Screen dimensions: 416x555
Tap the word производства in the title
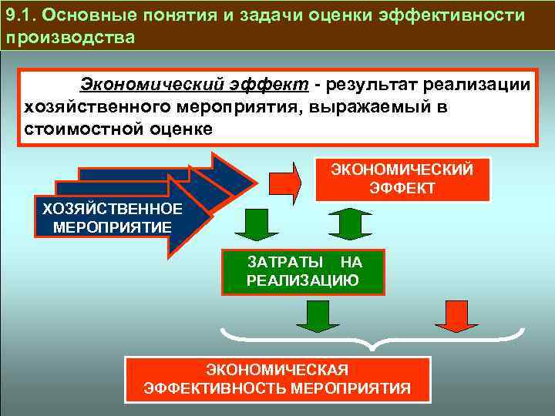coord(70,38)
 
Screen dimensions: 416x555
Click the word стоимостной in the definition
coord(74,128)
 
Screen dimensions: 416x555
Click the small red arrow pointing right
coord(285,180)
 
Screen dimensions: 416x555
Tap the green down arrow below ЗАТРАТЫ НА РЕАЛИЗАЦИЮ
coord(312,315)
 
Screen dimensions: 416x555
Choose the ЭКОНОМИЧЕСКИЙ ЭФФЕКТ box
coord(402,179)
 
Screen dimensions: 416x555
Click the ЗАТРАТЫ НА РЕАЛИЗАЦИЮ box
coord(302,272)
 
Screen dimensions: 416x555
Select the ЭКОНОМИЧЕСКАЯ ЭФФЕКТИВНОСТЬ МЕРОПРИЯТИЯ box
coord(277,379)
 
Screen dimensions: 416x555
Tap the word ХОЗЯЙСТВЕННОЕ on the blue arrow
coord(111,209)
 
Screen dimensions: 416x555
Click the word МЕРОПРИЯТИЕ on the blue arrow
coord(112,226)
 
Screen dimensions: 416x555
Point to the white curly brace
coord(372,339)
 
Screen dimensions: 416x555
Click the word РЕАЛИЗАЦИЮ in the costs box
coord(302,280)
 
